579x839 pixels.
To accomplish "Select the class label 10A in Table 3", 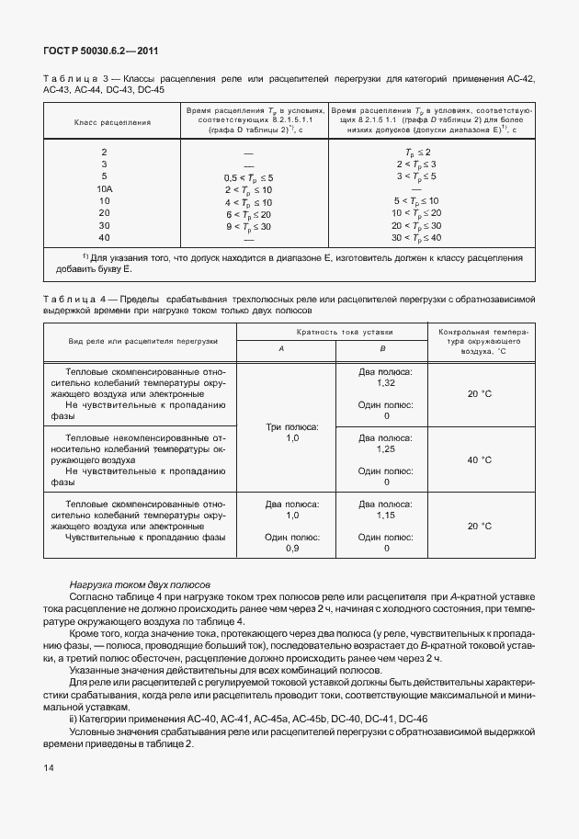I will (104, 187).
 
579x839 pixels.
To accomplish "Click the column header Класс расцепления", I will (106, 120).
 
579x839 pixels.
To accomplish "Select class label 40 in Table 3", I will (104, 237).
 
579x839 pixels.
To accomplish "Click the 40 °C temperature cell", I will (479, 459).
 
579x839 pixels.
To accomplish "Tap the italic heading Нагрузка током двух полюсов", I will (140, 584).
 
